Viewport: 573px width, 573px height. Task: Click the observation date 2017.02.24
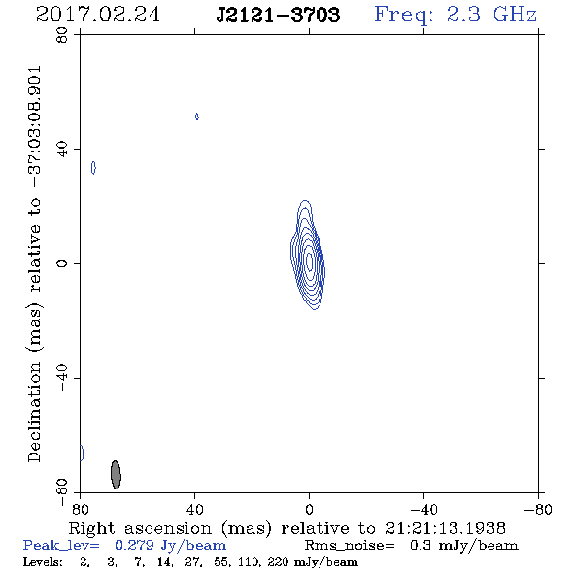coord(98,15)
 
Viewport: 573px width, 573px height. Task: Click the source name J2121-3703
coord(278,15)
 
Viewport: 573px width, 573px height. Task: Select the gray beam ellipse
coord(116,475)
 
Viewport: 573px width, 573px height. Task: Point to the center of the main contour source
coord(309,261)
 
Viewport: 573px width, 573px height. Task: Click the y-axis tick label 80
coord(62,35)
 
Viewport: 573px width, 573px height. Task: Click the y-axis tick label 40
coord(62,150)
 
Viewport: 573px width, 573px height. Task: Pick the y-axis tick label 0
coord(62,263)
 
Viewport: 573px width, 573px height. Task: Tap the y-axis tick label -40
coord(62,378)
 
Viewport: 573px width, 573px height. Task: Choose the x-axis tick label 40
coord(194,510)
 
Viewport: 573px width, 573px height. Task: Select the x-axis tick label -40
coord(423,510)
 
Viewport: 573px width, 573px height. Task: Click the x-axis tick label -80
coord(538,510)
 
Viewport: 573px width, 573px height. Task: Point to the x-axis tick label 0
coord(309,510)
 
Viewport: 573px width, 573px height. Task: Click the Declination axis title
coord(34,263)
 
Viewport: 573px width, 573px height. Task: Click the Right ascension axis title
coord(286,528)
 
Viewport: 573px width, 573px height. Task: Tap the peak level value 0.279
coord(134,545)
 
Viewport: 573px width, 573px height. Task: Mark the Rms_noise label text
coord(350,546)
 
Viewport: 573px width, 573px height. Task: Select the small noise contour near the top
coord(197,117)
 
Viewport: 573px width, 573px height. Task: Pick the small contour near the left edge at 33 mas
coord(93,168)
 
